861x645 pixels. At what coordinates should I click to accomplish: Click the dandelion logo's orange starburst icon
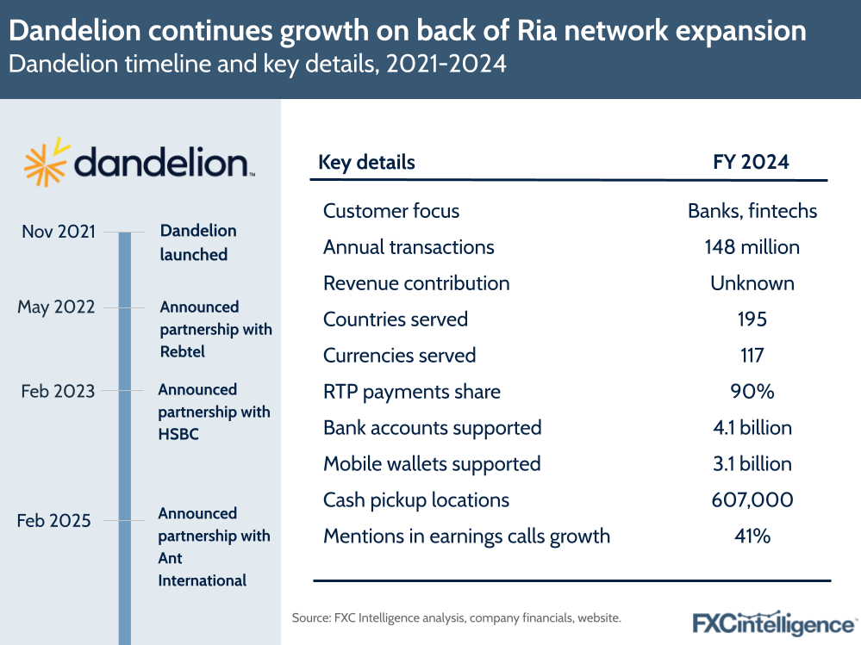45,161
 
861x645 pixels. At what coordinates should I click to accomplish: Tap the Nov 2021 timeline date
58,232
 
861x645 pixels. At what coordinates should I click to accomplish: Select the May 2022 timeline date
56,307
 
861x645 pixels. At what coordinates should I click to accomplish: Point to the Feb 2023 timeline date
56,391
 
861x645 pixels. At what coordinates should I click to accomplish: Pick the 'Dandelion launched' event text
197,243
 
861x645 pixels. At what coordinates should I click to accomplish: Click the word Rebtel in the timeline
183,351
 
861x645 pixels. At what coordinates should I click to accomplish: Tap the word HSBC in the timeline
178,434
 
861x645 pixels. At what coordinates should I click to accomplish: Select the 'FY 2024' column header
752,162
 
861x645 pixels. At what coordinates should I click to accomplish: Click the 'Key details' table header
366,162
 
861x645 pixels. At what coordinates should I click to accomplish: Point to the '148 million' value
752,247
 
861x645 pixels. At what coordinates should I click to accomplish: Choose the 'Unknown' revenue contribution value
752,283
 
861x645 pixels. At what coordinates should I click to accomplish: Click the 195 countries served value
752,319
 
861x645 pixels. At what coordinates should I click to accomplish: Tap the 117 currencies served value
752,356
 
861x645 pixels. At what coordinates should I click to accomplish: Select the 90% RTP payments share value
752,392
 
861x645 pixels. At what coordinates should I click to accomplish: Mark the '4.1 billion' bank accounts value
752,428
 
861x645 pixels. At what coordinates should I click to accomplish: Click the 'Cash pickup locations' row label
416,500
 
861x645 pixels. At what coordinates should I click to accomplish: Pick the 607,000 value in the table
752,500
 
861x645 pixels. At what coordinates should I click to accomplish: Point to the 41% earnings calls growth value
752,536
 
